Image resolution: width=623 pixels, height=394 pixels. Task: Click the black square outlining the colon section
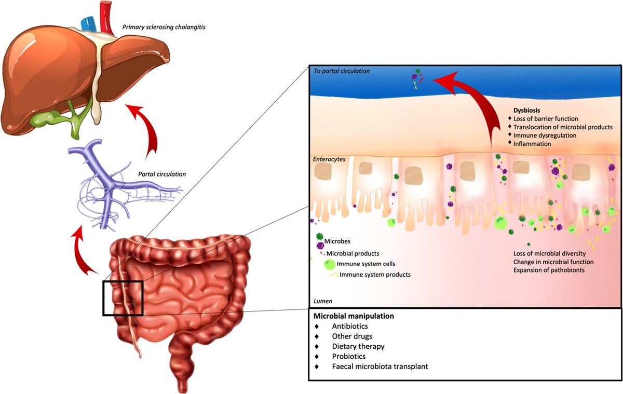pos(123,298)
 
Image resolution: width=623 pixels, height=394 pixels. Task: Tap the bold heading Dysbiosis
pos(527,110)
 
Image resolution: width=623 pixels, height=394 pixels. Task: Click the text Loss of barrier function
pos(549,119)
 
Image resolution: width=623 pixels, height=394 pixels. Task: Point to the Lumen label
pos(323,301)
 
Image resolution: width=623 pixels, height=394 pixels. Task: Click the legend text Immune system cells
pos(362,264)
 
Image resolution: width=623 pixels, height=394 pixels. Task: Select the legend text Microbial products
pos(353,253)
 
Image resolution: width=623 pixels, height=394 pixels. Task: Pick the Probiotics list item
pos(349,357)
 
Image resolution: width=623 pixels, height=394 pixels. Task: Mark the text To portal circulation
pos(342,71)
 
